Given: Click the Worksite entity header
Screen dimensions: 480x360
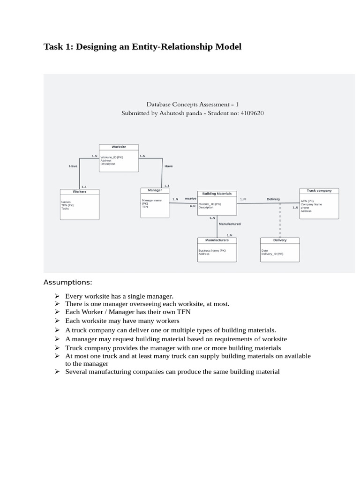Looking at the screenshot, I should (119, 147).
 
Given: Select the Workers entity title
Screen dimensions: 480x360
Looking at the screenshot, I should (80, 192).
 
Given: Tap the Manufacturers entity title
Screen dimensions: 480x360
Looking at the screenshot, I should (217, 240).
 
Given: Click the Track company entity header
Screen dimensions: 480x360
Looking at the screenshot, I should (319, 191).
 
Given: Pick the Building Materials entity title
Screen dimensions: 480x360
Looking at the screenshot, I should (217, 194).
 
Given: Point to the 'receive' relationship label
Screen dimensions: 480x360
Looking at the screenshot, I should (190, 199).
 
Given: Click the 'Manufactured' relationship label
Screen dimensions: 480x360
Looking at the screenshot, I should (230, 224).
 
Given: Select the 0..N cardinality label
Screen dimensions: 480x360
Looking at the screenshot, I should (193, 206).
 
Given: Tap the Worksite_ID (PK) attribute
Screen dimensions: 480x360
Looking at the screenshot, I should (112, 157).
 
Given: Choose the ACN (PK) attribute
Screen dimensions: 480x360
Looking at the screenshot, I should (307, 201).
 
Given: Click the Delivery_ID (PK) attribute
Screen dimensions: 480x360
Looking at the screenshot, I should (272, 254).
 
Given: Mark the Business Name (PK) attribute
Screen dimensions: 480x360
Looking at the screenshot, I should (212, 250).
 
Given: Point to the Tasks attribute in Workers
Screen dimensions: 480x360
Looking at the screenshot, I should (65, 209).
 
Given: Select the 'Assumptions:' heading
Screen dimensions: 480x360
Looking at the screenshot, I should (68, 282).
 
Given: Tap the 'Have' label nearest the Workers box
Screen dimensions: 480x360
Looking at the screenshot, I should (73, 166).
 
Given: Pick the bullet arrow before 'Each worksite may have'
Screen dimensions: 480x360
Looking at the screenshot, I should (56, 321).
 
